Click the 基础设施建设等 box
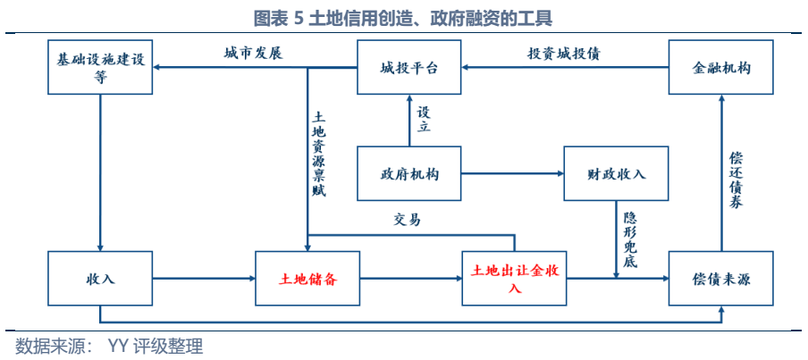(100, 67)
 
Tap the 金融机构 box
(721, 67)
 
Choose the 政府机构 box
(409, 172)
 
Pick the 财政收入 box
(617, 172)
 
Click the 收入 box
(100, 279)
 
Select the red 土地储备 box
(307, 279)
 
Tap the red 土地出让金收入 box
(514, 279)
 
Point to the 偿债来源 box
(721, 279)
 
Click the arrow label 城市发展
(253, 53)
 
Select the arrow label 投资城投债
(563, 53)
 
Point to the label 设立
(424, 120)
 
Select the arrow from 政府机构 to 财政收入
(512, 172)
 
